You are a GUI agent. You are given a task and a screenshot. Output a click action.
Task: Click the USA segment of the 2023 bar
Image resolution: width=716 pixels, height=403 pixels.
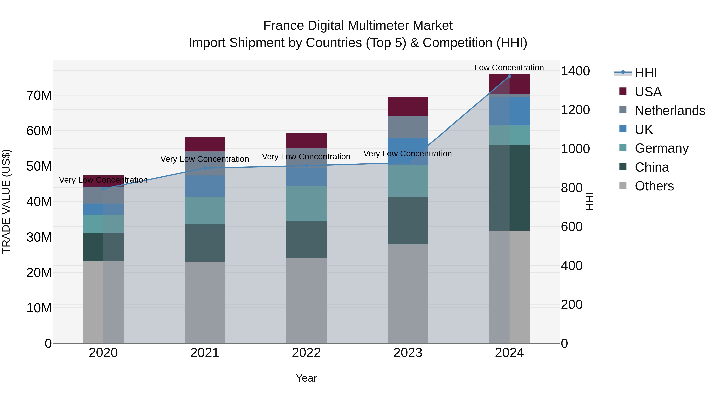point(408,106)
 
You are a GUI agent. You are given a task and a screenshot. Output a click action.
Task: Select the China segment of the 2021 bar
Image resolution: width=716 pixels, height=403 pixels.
point(205,243)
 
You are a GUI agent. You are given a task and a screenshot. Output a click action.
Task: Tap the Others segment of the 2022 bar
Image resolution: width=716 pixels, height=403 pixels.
point(306,300)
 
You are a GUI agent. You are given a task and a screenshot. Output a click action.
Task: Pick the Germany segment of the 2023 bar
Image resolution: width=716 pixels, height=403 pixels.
point(408,181)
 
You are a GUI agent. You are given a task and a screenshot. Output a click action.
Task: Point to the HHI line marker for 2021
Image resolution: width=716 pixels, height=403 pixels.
point(205,168)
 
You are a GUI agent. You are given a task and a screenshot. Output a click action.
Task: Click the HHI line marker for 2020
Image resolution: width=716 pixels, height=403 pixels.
point(103,189)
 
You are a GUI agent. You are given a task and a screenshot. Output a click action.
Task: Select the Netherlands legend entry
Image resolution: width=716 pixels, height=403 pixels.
point(670,111)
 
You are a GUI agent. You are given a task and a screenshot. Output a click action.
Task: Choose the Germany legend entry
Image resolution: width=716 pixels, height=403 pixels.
point(662,148)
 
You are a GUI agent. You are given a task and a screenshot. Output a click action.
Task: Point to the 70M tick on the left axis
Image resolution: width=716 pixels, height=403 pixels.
point(39,95)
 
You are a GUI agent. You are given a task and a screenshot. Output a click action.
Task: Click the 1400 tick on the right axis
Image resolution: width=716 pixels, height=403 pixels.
point(575,71)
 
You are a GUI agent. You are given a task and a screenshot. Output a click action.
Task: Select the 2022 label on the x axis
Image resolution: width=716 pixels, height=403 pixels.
point(306,353)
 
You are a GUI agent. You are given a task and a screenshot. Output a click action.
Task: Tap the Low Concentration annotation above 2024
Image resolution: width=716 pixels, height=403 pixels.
point(509,68)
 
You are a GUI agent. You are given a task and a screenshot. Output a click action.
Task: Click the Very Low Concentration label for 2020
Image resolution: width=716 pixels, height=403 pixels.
point(103,180)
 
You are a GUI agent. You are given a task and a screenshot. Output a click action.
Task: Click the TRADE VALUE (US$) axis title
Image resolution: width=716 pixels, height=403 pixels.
point(6,201)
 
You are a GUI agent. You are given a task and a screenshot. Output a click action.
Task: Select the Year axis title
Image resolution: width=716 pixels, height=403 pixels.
point(306,378)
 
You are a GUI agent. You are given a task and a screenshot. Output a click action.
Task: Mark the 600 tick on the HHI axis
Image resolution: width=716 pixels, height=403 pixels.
point(571,227)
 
